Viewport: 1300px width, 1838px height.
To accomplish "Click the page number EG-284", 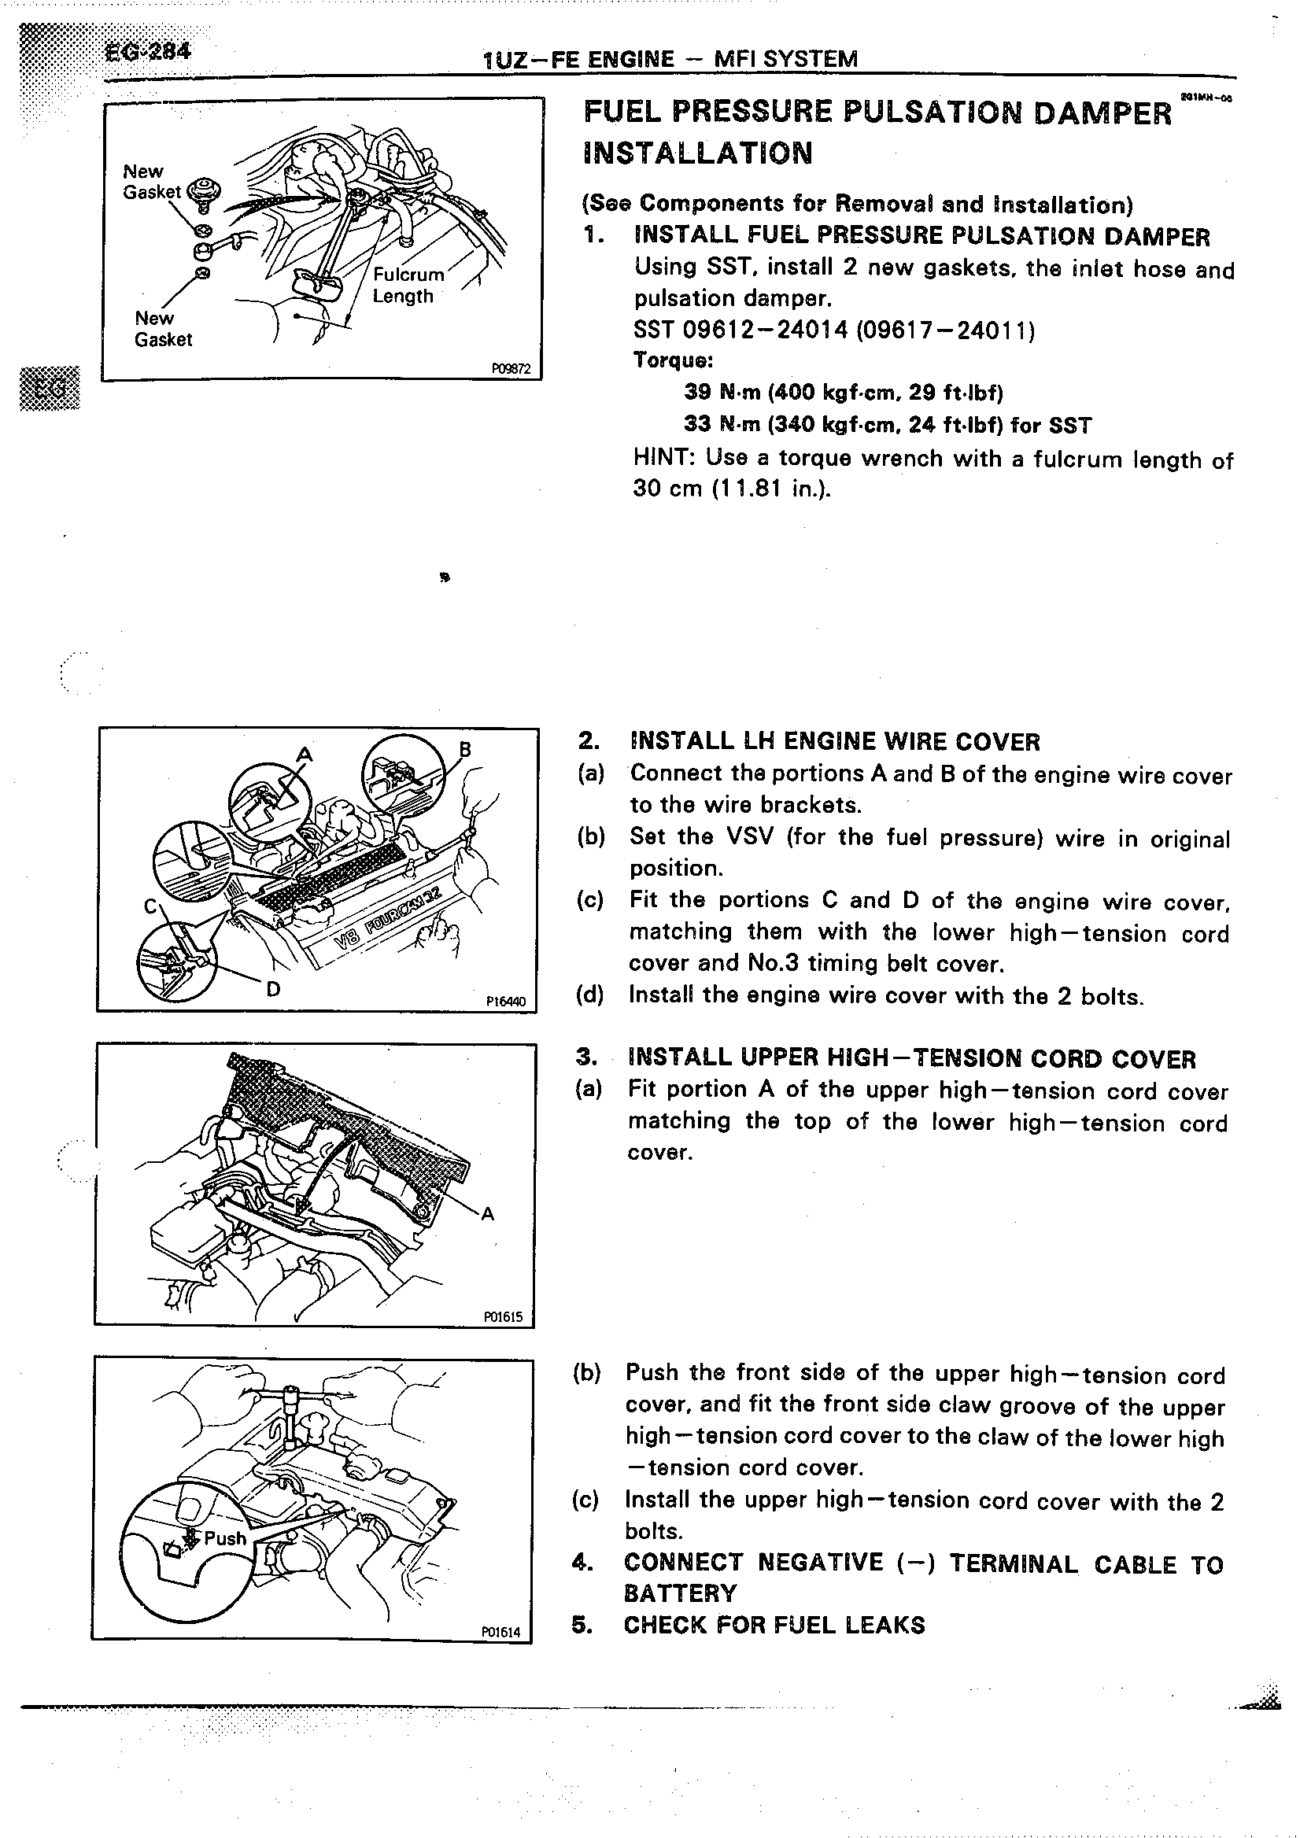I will (147, 53).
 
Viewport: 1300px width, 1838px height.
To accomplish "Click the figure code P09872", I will (512, 369).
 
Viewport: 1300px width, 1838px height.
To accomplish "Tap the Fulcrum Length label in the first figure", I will (407, 285).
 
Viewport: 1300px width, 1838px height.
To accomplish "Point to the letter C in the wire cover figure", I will (150, 906).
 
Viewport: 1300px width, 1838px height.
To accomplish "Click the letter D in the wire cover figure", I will (273, 990).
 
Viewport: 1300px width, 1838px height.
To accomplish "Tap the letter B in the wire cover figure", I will (465, 749).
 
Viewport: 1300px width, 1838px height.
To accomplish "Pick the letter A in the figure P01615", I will (488, 1214).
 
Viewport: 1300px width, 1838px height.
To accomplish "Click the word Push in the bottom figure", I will (225, 1537).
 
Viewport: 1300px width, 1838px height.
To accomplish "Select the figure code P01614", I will (502, 1632).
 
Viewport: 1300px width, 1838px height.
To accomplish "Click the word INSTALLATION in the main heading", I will (698, 153).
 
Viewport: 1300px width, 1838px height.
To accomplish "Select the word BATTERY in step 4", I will (680, 1593).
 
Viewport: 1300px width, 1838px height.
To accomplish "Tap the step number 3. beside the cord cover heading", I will (587, 1057).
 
